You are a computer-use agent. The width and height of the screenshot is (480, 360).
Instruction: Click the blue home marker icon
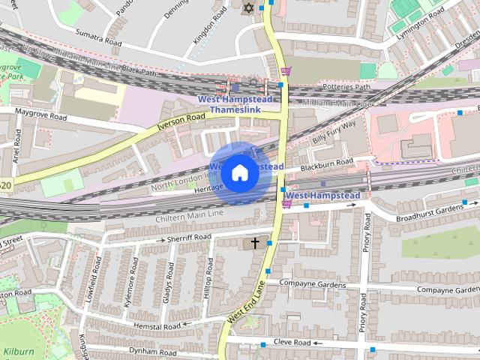pos(238,173)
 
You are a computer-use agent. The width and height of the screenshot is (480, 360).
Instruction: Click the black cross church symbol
pos(255,243)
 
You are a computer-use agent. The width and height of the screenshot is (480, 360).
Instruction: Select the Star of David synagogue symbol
pos(248,7)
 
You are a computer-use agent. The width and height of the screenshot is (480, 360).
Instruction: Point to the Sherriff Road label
pos(190,237)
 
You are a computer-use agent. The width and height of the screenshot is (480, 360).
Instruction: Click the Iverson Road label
pos(181,122)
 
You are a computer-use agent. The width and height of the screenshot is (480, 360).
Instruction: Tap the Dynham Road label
pos(152,351)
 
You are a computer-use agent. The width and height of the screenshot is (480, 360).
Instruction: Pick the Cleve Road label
pos(292,342)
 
